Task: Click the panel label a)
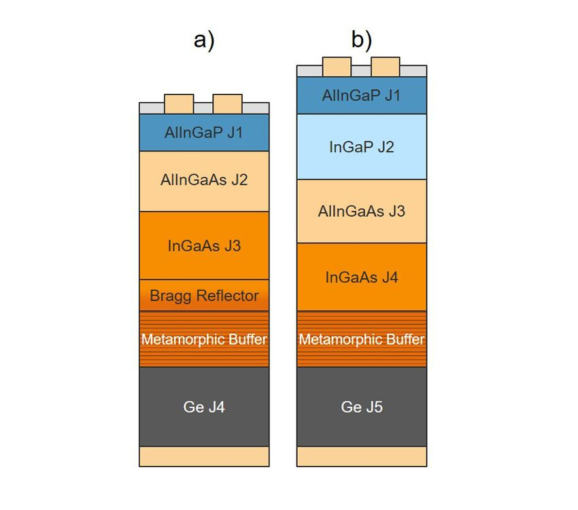204,41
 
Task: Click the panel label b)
362,40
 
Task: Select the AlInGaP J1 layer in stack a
204,133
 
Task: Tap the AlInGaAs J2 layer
204,181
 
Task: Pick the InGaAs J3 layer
204,245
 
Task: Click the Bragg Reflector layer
204,295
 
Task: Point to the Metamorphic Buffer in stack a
204,339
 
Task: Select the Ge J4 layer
204,407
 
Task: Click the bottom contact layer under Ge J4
204,456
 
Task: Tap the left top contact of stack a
179,104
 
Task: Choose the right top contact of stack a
227,104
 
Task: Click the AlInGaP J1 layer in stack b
362,95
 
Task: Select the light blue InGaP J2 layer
362,147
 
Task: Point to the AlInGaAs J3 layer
362,211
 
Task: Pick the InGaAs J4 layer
362,277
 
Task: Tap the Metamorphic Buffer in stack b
362,339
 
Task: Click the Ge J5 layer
362,407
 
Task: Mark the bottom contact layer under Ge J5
362,456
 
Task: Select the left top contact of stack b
337,67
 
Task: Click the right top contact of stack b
385,67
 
